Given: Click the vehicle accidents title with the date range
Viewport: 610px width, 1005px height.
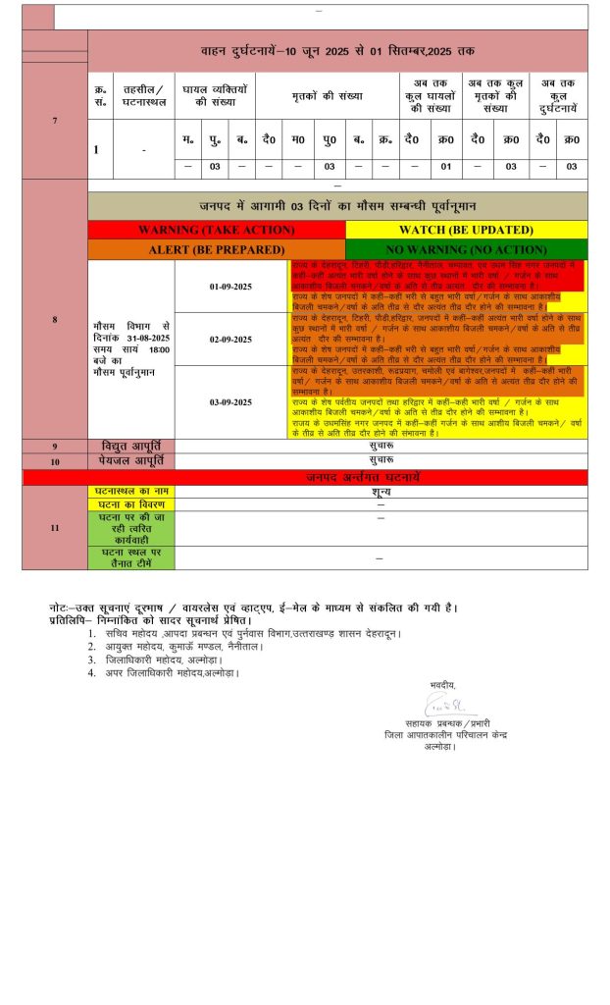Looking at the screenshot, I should (337, 50).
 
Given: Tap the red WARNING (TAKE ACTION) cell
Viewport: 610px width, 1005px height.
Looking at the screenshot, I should (216, 230).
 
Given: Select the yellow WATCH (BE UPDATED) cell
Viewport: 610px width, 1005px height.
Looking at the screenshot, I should (466, 230).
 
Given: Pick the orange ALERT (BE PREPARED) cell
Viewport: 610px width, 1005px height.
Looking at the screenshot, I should (216, 249).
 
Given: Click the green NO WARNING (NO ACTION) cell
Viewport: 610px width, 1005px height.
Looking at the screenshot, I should (466, 249).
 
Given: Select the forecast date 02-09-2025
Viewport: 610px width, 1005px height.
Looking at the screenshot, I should (229, 340).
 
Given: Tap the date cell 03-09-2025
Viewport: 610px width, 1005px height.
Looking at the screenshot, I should (229, 402).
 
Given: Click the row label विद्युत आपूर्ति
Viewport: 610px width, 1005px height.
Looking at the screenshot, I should (131, 447).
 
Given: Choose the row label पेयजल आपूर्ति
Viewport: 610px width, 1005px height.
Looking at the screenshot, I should (131, 460).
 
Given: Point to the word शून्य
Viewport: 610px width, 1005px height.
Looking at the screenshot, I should (381, 491).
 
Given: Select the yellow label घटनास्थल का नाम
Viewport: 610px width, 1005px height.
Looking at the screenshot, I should (131, 491).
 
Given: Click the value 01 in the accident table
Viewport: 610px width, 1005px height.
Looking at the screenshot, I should (445, 167).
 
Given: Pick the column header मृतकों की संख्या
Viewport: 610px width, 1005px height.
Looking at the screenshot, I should (327, 96).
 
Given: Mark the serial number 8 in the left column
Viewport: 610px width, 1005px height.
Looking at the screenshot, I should (55, 320).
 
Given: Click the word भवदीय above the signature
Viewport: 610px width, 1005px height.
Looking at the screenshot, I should (443, 683).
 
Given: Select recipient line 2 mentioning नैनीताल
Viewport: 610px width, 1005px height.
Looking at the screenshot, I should (186, 647).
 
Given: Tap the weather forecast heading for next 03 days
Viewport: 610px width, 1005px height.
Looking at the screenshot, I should (337, 206).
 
